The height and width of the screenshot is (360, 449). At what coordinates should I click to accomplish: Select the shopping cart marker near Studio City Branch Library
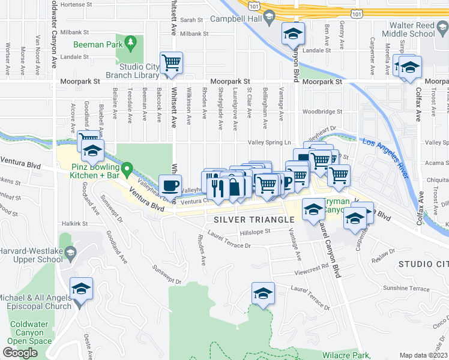pyautogui.click(x=172, y=62)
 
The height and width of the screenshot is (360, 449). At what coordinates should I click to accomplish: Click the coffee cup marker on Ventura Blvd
pyautogui.click(x=170, y=184)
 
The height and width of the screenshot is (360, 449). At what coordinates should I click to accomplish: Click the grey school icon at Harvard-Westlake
pyautogui.click(x=71, y=253)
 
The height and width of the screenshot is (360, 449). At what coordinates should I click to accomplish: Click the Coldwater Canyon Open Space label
pyautogui.click(x=31, y=332)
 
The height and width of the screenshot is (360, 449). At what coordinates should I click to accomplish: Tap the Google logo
pyautogui.click(x=20, y=353)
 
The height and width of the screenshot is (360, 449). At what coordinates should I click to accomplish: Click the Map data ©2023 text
pyautogui.click(x=424, y=355)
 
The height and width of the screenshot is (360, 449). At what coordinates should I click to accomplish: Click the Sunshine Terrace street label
pyautogui.click(x=404, y=288)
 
